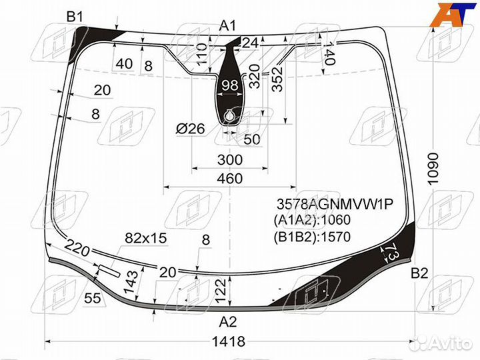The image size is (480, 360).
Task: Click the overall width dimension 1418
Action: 229,342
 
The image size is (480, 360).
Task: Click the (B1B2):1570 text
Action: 311,236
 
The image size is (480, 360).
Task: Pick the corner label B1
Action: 75,17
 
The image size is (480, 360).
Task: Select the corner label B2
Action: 419,272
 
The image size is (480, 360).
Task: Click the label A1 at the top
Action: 228,26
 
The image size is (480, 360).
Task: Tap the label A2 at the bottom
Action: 228,322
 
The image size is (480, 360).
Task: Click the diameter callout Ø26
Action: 190,129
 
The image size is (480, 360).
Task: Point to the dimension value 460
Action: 229,178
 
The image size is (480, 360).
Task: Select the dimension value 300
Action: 229,160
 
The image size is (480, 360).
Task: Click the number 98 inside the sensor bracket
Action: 229,85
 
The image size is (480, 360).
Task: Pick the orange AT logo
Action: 457,15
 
